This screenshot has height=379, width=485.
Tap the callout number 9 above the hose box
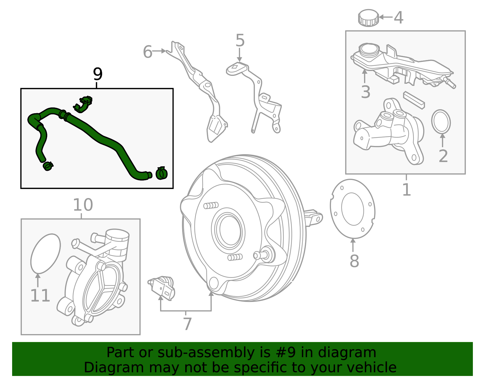tap(98, 74)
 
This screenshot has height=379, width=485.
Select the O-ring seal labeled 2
tap(441, 122)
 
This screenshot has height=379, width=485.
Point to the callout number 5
tap(240, 41)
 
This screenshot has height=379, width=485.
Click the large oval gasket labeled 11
tap(45, 253)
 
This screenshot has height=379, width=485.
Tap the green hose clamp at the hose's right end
tap(162, 173)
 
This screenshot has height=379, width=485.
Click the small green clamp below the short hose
tap(48, 166)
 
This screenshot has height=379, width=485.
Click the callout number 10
tap(83, 205)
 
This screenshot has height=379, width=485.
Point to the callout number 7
tap(187, 324)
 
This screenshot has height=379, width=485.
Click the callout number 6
tap(148, 52)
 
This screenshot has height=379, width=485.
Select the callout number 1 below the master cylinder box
tap(406, 190)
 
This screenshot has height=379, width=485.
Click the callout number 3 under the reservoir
tap(366, 92)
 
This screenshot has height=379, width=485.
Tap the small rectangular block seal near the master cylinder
tap(414, 100)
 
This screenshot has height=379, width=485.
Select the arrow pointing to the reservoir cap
tap(386, 17)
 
